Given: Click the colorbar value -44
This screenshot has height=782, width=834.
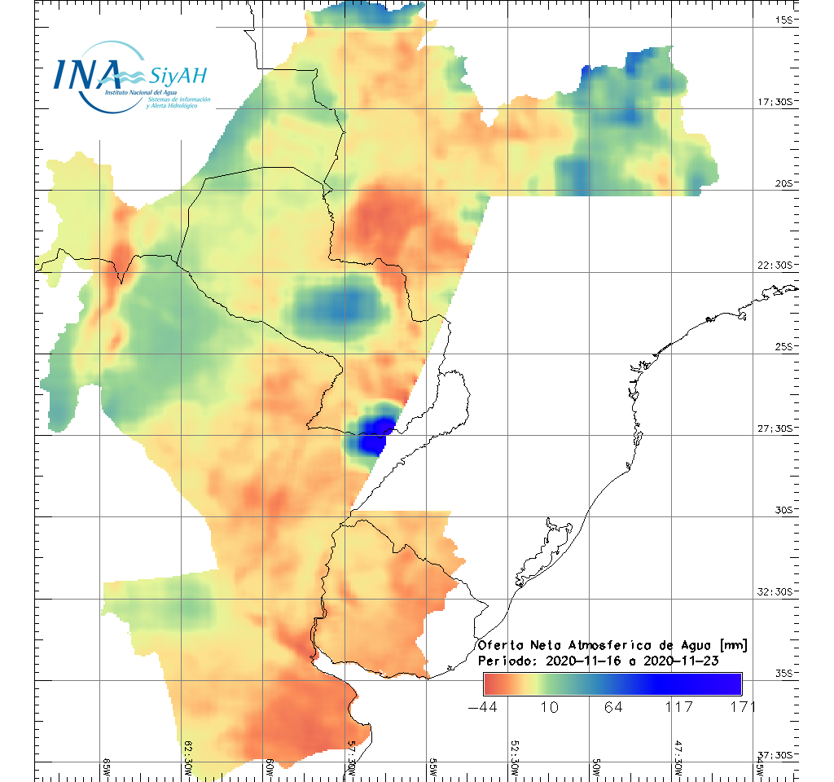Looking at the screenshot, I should pos(484,706).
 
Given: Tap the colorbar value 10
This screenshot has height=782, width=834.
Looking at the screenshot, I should pos(550,706).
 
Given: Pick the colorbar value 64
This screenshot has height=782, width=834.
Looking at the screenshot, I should pos(614,706).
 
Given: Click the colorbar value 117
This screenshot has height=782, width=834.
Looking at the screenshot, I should pos(678,706).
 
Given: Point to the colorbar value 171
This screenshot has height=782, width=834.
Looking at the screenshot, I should pos(742,706).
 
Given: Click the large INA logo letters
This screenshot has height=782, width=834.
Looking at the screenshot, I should pos(86,73).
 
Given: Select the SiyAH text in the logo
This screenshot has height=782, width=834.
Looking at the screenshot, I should pos(178,77).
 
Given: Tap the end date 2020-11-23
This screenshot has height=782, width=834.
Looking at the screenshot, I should pos(681,661).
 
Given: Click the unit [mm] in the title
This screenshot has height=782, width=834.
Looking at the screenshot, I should pos(731,645).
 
